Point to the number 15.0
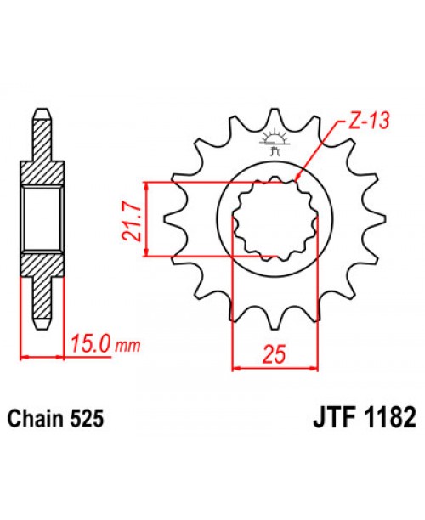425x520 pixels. (x=91, y=346)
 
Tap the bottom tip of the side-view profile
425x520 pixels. (x=42, y=326)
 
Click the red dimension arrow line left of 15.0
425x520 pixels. (x=42, y=356)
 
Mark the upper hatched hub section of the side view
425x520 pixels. (x=42, y=170)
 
